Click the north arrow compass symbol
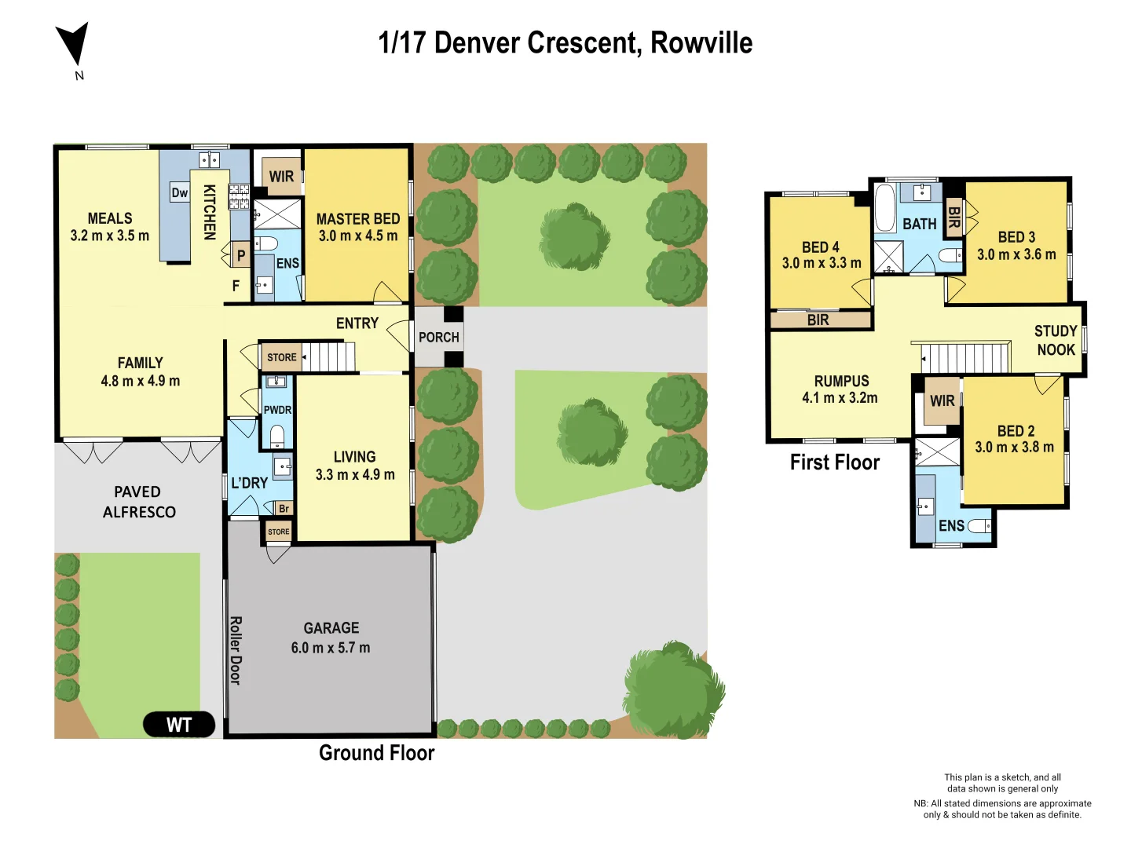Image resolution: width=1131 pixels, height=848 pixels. [73, 43]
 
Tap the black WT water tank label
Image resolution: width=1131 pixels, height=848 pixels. [179, 724]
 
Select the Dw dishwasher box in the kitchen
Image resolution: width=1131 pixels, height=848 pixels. [180, 192]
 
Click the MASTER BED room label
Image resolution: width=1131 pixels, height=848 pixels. [357, 219]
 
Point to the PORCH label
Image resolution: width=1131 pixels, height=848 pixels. [438, 337]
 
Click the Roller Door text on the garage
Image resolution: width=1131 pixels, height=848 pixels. [235, 650]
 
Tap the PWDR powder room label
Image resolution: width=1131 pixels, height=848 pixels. [277, 410]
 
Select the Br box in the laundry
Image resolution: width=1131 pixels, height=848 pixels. [284, 508]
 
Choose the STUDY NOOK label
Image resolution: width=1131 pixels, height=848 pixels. [1056, 340]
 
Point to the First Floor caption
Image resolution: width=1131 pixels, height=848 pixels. [834, 462]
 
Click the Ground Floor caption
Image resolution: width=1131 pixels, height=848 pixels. [376, 753]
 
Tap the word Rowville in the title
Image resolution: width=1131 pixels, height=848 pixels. [701, 42]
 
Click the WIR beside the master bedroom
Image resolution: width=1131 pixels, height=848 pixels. [281, 177]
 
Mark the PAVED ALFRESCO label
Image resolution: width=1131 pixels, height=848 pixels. [139, 502]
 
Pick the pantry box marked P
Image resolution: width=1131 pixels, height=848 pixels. [241, 255]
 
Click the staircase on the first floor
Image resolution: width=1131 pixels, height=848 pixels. [964, 357]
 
